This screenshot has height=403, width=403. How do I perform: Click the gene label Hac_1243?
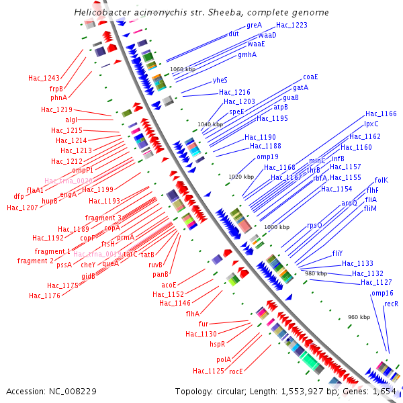pos(44,79)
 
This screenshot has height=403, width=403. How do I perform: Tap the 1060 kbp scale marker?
pos(183,69)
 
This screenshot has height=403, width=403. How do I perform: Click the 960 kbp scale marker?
pos(359,317)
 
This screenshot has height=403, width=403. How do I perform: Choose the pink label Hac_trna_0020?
pos(69,181)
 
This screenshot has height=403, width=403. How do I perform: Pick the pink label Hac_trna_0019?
pos(97,255)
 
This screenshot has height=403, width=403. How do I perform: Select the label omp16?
pos(382,293)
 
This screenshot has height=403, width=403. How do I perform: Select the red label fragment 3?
pos(103,218)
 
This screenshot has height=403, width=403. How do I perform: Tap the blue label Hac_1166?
pos(381,114)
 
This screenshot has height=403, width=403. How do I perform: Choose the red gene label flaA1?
pos(35,190)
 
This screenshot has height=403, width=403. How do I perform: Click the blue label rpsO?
pos(314,226)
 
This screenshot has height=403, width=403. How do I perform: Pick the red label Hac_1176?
pos(44,295)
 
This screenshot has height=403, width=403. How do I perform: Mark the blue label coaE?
pos(310,77)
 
